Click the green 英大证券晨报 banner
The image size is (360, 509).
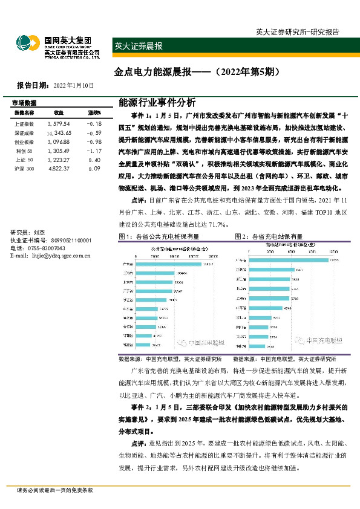tap(139, 46)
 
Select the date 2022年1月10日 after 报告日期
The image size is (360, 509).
tap(74, 86)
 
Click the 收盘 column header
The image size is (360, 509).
tap(59, 112)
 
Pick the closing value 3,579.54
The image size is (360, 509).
tap(58, 123)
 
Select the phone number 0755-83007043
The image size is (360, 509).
tap(47, 248)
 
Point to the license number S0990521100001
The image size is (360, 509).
tap(67, 241)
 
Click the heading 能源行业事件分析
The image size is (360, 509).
tap(149, 102)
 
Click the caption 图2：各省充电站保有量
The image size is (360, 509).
tap(269, 236)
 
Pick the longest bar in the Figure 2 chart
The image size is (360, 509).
tap(285, 261)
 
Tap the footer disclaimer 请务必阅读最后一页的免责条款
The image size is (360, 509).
tap(55, 490)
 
